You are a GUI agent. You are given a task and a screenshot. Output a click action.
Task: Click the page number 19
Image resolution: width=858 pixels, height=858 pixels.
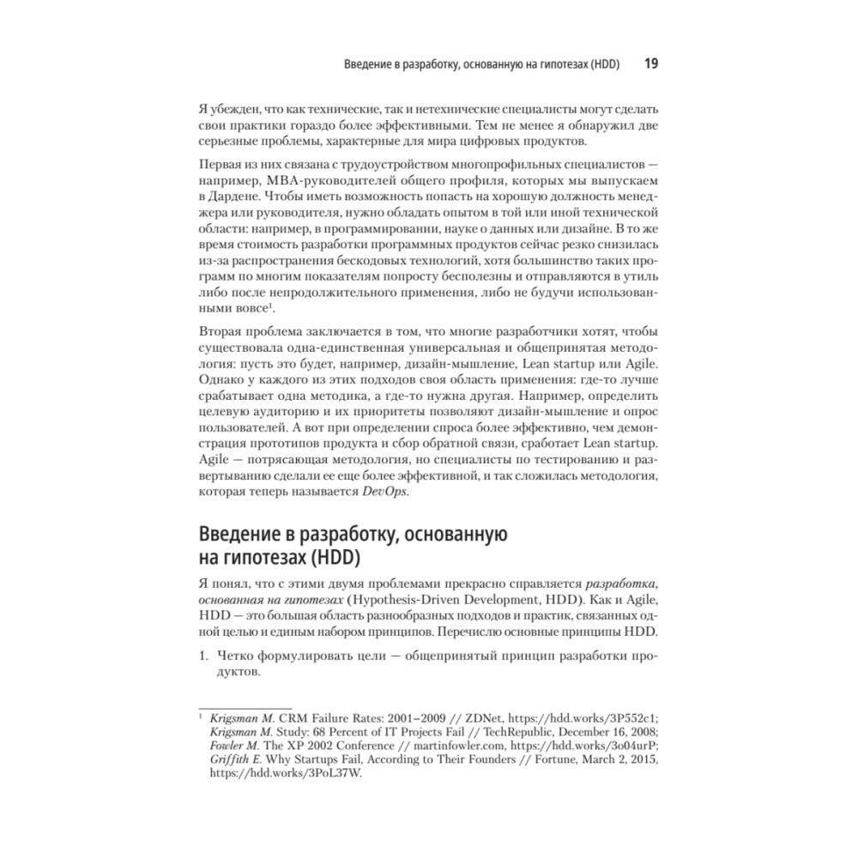[x=650, y=64]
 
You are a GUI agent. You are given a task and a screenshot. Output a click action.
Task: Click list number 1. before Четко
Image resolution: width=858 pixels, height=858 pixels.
[x=203, y=657]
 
